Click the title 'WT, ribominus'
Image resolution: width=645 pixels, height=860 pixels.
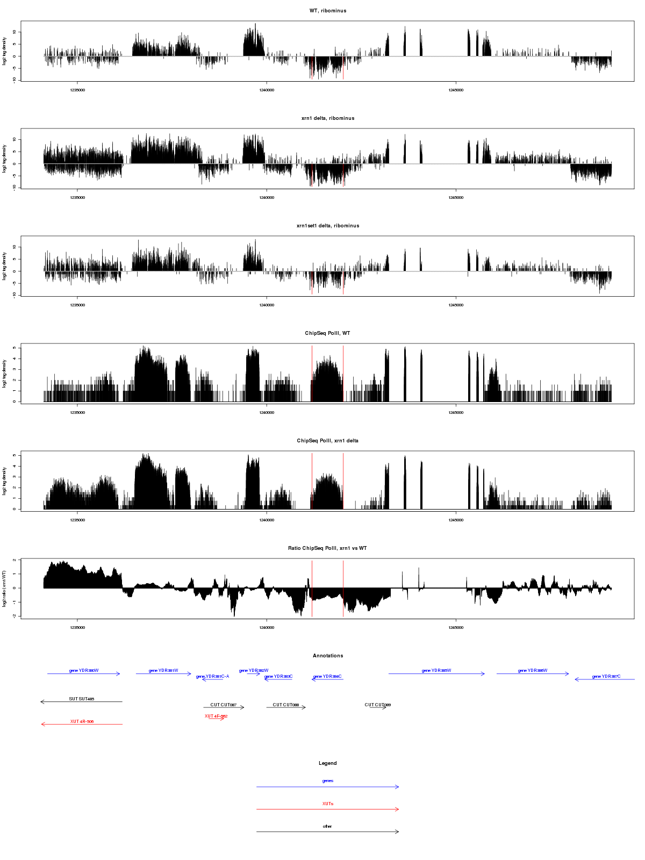[x=328, y=11]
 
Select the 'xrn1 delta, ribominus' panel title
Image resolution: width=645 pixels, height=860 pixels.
[x=328, y=118]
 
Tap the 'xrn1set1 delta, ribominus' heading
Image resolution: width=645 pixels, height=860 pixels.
[x=328, y=226]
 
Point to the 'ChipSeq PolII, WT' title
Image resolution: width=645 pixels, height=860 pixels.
[x=328, y=333]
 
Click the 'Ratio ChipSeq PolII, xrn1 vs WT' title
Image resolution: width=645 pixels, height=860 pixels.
[x=328, y=548]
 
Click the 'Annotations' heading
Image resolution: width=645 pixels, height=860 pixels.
[x=328, y=656]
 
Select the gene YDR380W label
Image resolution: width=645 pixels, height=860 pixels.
[x=84, y=671]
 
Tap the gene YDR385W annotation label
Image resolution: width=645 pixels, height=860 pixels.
[x=436, y=671]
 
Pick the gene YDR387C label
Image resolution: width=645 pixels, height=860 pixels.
[x=606, y=677]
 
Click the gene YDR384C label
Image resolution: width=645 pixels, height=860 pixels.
[x=327, y=677]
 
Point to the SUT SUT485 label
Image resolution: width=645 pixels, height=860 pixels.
[x=82, y=699]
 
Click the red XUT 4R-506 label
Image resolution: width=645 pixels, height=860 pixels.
[x=82, y=722]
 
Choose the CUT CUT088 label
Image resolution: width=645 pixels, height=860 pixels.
[x=286, y=705]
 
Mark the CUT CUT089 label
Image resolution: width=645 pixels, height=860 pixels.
[x=378, y=705]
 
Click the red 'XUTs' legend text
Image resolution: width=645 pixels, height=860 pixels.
[x=328, y=804]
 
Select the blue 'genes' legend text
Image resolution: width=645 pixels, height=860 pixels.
[x=328, y=781]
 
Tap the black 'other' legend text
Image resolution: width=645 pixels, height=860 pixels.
[x=328, y=827]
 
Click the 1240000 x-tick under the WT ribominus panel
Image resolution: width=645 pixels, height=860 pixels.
[x=267, y=90]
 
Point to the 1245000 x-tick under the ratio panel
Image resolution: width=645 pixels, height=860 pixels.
[x=456, y=628]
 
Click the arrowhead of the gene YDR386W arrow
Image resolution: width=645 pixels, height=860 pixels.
[x=568, y=673]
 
